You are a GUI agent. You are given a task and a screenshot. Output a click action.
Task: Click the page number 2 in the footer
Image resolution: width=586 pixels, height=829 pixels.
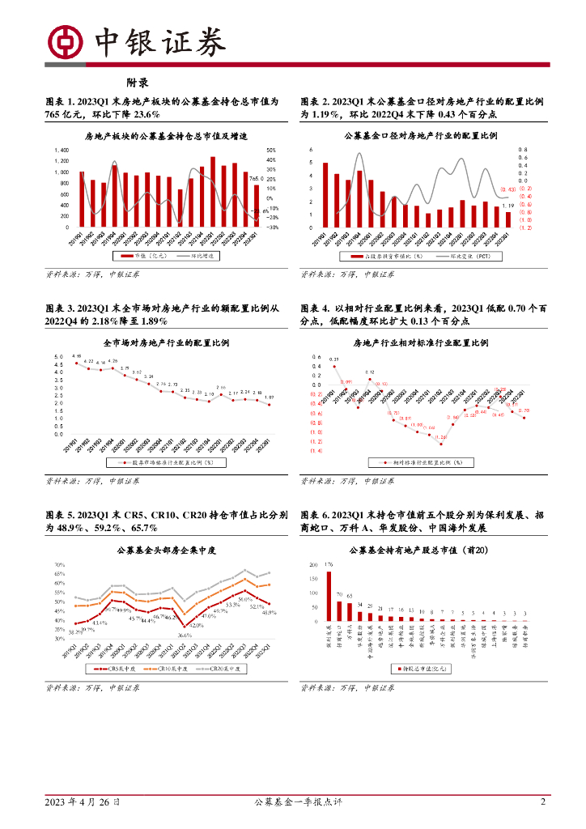click(x=543, y=802)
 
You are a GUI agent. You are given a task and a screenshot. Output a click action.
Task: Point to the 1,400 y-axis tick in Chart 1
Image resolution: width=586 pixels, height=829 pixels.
click(x=62, y=151)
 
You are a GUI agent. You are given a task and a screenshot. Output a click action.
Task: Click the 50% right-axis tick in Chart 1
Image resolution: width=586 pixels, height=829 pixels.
click(x=272, y=151)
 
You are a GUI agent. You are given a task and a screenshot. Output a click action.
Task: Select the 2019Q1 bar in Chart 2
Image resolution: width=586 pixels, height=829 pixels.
click(x=325, y=195)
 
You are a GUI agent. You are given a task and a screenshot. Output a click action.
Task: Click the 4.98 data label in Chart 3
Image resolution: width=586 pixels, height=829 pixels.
click(x=77, y=356)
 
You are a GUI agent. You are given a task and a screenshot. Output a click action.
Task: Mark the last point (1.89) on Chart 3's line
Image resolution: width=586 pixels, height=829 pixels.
click(x=270, y=404)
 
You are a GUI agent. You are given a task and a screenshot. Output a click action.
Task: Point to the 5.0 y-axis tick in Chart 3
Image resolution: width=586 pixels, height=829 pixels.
click(x=58, y=357)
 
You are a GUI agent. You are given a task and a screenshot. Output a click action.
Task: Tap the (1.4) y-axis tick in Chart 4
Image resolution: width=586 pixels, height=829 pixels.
click(x=316, y=451)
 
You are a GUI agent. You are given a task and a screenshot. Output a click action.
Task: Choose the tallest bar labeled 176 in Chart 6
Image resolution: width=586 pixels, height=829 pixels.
click(x=329, y=597)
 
